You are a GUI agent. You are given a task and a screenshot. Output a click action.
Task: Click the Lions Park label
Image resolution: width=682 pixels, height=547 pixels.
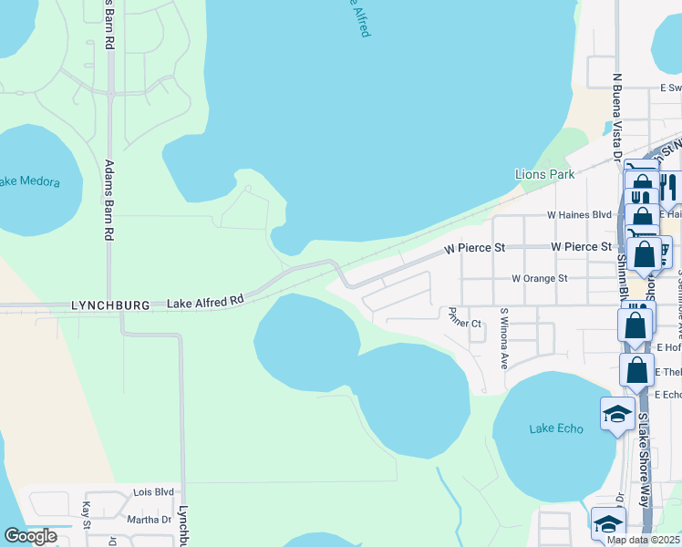[x=544, y=174]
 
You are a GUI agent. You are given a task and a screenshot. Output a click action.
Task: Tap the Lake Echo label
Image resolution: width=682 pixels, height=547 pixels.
[x=555, y=428]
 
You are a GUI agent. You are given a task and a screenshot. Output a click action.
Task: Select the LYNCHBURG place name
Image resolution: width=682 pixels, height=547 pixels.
[x=109, y=306]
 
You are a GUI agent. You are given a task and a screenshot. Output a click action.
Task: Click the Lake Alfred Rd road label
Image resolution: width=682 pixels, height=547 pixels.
[x=205, y=300]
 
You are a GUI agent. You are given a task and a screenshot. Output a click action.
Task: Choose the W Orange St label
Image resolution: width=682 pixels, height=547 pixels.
[x=539, y=278]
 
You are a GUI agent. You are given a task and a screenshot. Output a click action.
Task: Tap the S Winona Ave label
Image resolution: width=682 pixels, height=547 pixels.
[x=503, y=337]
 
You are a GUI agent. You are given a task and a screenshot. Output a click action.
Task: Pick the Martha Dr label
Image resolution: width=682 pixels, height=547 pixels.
[x=149, y=520]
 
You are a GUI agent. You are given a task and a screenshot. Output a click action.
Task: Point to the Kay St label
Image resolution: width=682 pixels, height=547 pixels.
[x=87, y=513]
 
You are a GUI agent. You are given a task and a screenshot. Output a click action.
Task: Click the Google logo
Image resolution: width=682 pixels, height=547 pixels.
[x=30, y=536]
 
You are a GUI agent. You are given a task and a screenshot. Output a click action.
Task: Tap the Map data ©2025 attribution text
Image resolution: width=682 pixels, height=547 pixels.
[x=643, y=539]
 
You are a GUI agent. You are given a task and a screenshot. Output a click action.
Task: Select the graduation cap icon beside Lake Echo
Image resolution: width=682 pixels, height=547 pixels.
[x=617, y=414]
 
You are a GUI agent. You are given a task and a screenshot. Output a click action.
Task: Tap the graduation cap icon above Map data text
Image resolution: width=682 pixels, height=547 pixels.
[x=608, y=523]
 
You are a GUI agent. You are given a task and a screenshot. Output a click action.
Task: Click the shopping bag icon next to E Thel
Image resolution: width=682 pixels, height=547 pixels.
[x=637, y=370]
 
